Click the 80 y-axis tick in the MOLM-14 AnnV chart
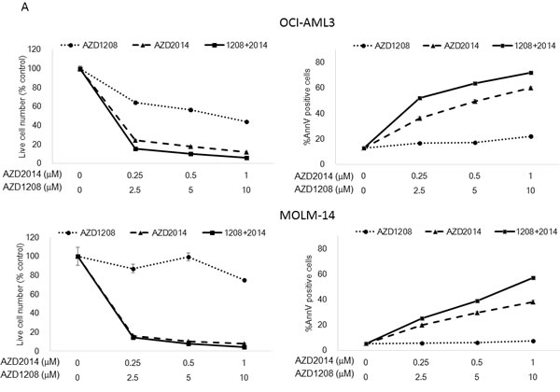(344, 248)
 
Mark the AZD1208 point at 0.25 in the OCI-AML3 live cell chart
(136, 103)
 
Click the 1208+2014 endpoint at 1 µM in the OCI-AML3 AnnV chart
(531, 72)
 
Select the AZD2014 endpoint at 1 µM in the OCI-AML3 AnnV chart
(531, 88)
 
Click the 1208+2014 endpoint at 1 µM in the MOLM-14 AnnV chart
(531, 278)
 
